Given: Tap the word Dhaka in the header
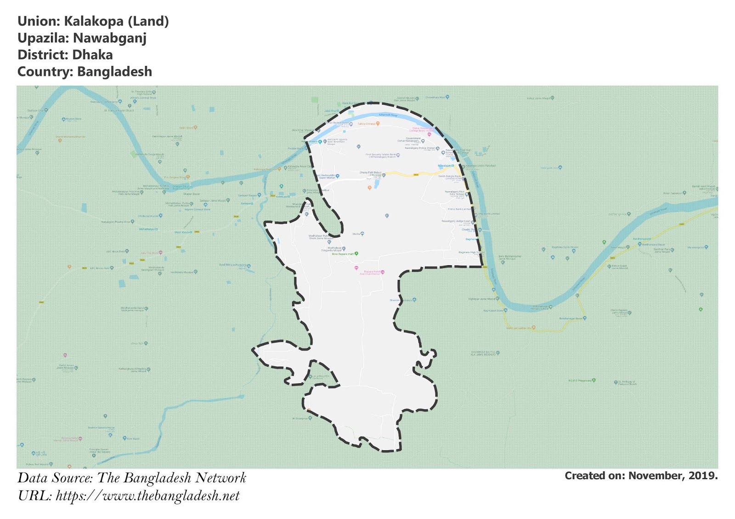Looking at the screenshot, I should pos(92,55).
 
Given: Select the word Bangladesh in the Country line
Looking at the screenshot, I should pos(114,72).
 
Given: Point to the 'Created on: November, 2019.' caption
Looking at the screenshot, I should pos(641,476).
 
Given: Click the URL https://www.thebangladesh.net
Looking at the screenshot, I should pos(147,496).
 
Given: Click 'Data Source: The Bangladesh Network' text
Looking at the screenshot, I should pos(132,478).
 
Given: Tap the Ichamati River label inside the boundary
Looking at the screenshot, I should pos(388,115).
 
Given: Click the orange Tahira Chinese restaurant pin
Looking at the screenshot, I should pos(378,123).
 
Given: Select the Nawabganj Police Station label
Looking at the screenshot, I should pos(420,148).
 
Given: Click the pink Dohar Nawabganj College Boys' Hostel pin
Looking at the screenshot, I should pos(430,134).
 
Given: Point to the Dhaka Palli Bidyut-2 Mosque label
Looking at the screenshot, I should pos(370,174).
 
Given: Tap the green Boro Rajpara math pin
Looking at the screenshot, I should pos(356,253).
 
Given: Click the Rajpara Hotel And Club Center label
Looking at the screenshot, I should pos(372,273).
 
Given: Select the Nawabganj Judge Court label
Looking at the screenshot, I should pos(456,221).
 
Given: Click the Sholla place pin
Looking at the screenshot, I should pos(362,234).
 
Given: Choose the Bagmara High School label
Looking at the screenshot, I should pos(471,252).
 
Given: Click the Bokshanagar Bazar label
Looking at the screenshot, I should pos(571,318).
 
